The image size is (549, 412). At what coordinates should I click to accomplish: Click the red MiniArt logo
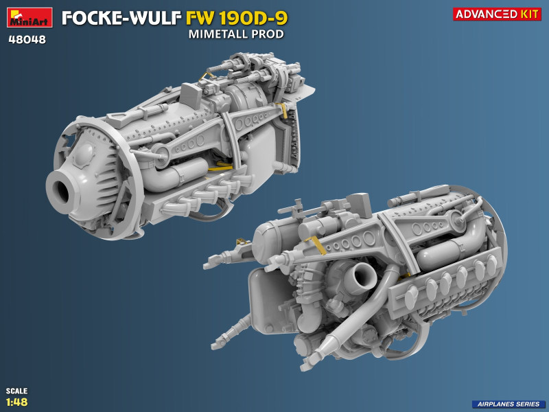pos(30,18)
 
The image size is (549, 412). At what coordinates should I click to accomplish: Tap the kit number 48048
pos(27,40)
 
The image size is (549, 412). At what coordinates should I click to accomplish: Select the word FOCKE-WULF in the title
pos(121,19)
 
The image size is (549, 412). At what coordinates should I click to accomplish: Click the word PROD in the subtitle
pos(268,34)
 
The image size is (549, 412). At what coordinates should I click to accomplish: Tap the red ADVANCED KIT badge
pos(497,14)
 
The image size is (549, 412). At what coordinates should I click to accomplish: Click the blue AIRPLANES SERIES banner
pos(509,404)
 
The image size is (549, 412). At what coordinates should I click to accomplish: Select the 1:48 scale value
pos(16,402)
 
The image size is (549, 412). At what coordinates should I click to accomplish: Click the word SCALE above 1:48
pos(16,391)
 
